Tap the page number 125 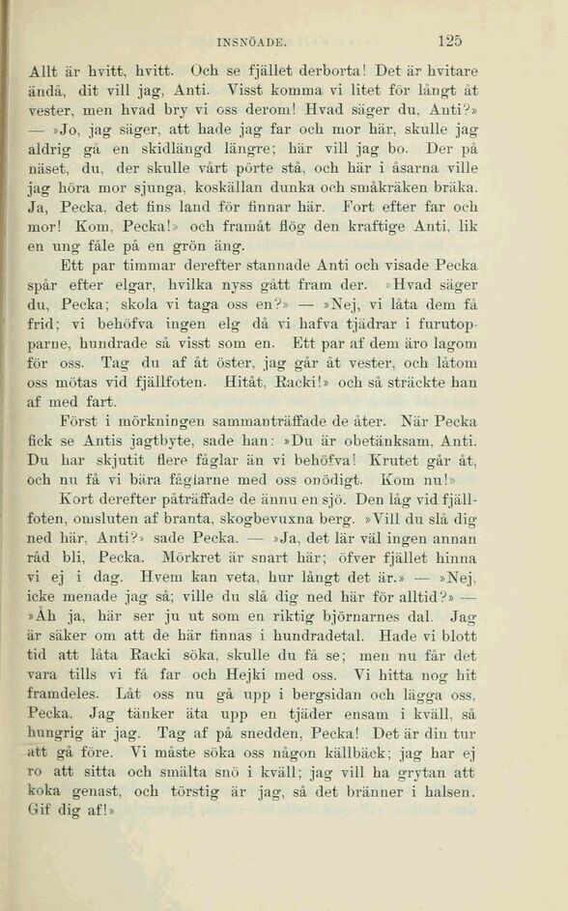coord(448,42)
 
